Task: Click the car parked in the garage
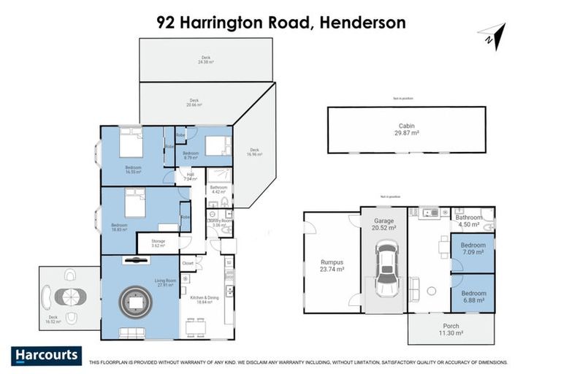pos(386,270)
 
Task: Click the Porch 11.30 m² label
pos(451,329)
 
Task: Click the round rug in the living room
pos(136,302)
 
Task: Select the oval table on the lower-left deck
pos(70,297)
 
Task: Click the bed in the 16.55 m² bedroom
pos(131,144)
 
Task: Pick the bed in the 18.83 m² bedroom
pos(135,202)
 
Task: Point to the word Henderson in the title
pos(360,22)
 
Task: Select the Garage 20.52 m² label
pos(385,224)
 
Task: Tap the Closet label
pos(188,262)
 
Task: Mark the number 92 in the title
pos(167,22)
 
